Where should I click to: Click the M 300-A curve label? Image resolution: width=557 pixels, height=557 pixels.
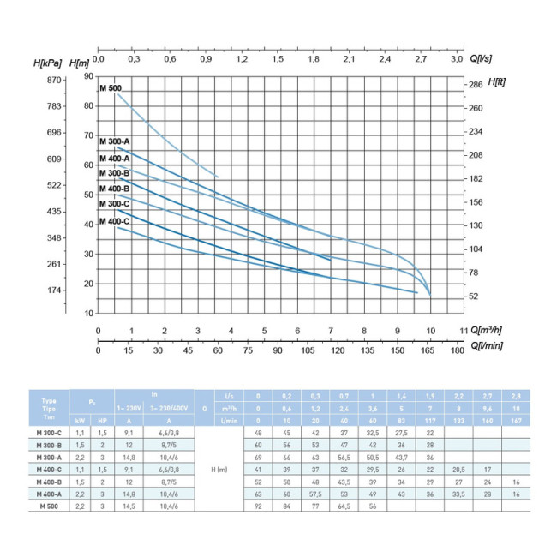114,141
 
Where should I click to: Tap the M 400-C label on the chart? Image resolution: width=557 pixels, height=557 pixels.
114,222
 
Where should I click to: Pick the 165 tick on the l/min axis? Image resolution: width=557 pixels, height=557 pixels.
430,350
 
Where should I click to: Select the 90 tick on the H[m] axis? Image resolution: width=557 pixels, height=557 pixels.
88,76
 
